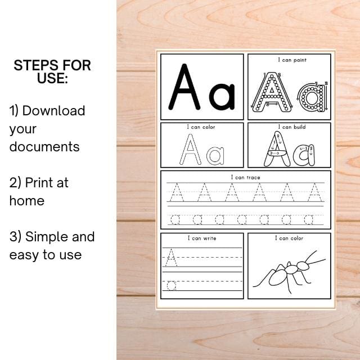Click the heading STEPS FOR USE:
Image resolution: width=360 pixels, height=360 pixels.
pyautogui.click(x=52, y=71)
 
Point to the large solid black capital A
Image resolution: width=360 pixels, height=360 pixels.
pyautogui.click(x=185, y=87)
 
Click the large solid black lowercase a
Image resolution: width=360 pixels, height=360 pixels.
pyautogui.click(x=222, y=96)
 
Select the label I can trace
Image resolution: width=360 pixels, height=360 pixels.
pyautogui.click(x=246, y=177)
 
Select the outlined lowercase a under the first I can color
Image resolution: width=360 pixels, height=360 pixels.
pyautogui.click(x=215, y=155)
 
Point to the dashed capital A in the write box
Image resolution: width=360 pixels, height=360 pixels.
pyautogui.click(x=172, y=258)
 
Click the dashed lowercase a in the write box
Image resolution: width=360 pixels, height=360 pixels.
pyautogui.click(x=172, y=285)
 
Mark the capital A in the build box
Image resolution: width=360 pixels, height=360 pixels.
pyautogui.click(x=277, y=149)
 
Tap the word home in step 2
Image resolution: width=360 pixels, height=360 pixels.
pyautogui.click(x=26, y=200)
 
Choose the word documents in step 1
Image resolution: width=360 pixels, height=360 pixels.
pyautogui.click(x=44, y=147)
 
